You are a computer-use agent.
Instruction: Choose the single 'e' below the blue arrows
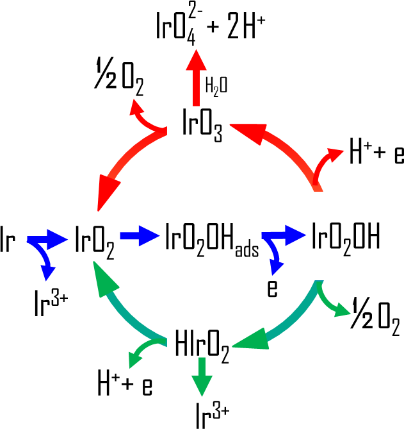(272, 289)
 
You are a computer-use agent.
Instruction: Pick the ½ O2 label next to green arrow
(375, 319)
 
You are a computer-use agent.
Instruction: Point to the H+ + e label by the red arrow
(376, 155)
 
